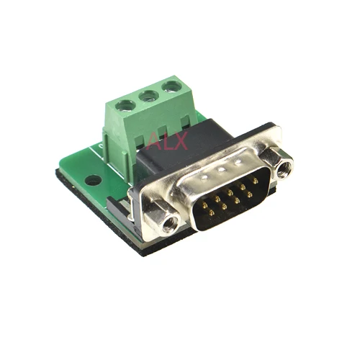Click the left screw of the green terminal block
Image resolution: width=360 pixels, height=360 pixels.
[125, 106]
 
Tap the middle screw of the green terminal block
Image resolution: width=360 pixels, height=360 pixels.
[149, 96]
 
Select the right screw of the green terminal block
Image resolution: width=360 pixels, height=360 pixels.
[172, 86]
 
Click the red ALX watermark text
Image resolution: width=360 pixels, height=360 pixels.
[167, 141]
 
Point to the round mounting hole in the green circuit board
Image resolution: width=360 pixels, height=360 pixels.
[93, 181]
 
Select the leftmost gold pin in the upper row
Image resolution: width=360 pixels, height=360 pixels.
[204, 204]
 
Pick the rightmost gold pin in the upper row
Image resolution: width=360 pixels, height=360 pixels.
[255, 181]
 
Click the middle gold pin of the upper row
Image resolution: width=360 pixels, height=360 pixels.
[230, 192]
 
